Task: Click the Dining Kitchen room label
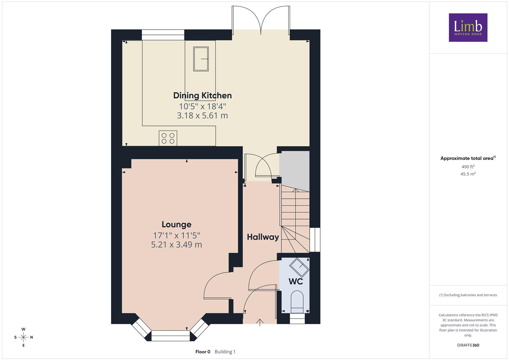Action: (x=202, y=96)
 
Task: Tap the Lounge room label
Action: (x=177, y=225)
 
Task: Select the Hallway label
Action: (x=263, y=237)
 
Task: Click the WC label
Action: (x=296, y=281)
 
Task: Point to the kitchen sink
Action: (x=201, y=59)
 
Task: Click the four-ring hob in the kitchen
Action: (x=168, y=138)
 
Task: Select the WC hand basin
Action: (x=299, y=267)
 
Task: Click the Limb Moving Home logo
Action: (x=468, y=27)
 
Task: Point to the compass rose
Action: (x=23, y=337)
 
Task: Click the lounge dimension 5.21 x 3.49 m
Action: (x=177, y=245)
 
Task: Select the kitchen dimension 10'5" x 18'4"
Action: (x=202, y=106)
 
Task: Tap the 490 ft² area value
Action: (x=468, y=167)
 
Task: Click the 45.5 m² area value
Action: (x=468, y=174)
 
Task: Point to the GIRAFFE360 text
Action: (x=468, y=345)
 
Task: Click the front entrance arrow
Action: (x=260, y=323)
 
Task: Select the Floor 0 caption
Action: (x=203, y=352)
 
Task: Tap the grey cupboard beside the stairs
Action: (x=294, y=171)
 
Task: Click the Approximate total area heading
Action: (x=468, y=158)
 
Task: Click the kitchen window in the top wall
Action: (x=163, y=35)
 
